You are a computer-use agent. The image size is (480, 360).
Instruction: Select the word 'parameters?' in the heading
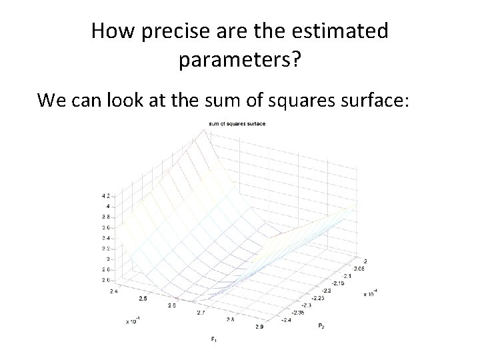pos(240,61)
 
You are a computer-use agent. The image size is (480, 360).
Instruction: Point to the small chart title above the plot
pos(237,124)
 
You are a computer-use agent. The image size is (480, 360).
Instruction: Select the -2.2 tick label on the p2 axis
pos(327,291)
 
